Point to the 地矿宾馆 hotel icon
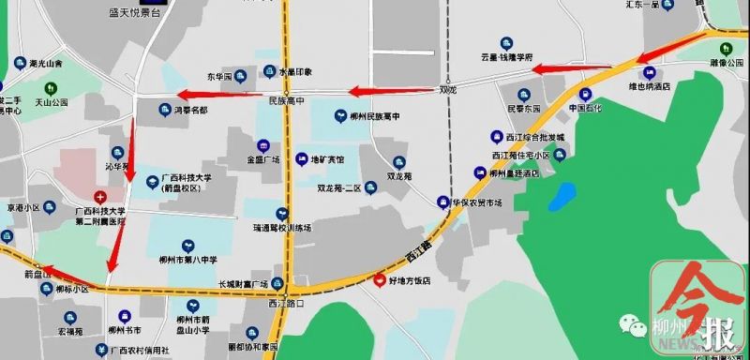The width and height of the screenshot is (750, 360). [x=302, y=159]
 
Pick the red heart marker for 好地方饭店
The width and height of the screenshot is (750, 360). [x=380, y=280]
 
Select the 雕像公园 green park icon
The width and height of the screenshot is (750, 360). [x=725, y=50]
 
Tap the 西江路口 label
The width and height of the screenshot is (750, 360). [x=285, y=303]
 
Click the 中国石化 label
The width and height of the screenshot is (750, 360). [x=590, y=108]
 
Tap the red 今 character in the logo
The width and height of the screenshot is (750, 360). [x=697, y=292]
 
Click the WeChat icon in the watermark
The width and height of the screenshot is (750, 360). [x=624, y=324]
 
